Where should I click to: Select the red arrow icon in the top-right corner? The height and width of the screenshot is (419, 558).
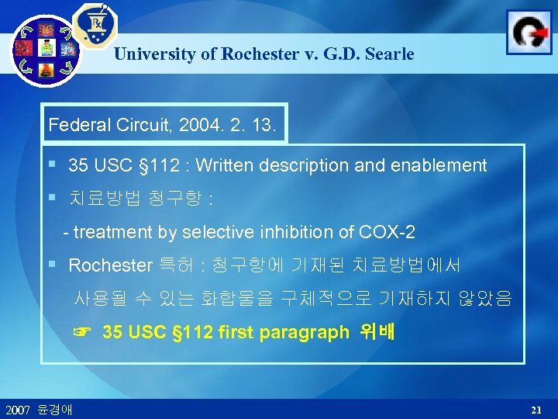pos(529,33)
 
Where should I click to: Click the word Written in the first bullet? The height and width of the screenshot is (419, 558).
pos(224,165)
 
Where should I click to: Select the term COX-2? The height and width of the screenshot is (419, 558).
pos(387,231)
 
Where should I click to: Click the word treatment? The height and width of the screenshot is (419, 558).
pos(108,231)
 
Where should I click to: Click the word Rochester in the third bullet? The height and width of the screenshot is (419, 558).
pos(110,265)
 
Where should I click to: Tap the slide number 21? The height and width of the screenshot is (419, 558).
pos(536,408)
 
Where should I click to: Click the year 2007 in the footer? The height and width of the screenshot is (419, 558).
pos(17,409)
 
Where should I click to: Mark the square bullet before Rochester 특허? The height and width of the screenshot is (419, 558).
pos(51,264)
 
